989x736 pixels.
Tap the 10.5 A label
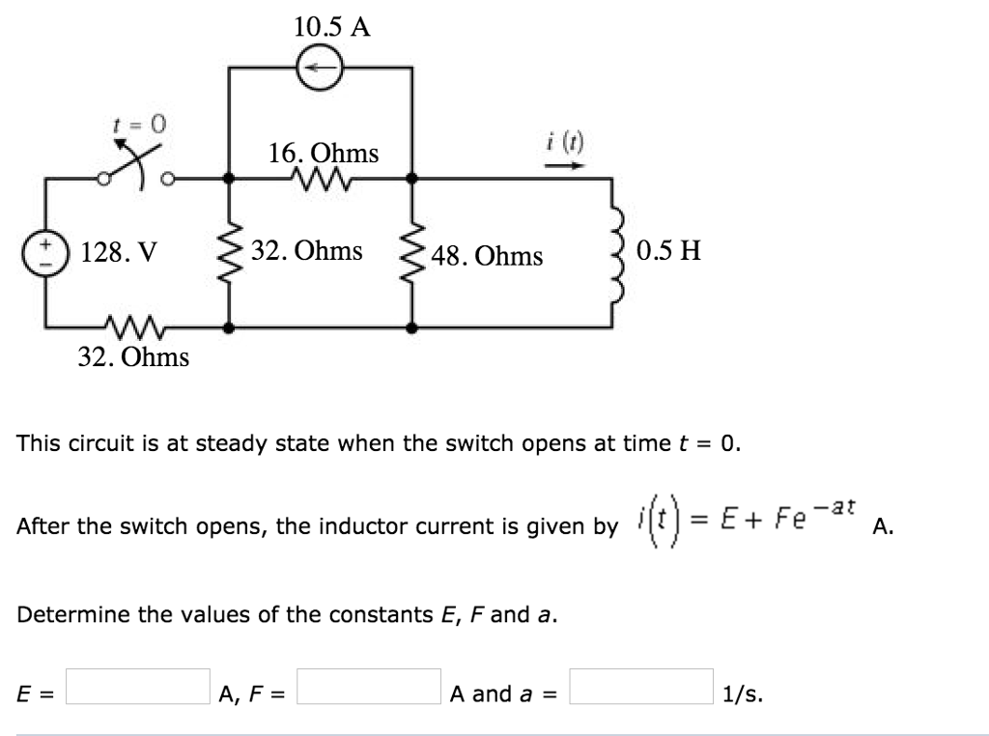tap(331, 26)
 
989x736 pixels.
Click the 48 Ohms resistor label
tap(487, 256)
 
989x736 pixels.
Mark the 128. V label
tap(117, 253)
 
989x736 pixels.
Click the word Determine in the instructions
tap(69, 614)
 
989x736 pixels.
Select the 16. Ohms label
tap(324, 153)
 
